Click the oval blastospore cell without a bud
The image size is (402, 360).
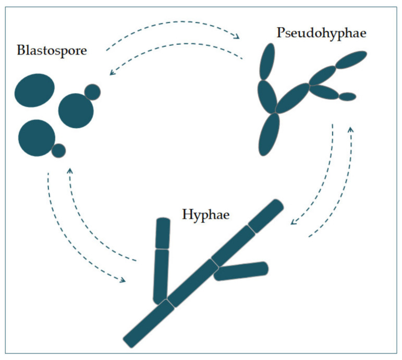[34, 90]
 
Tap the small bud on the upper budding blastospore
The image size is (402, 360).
[92, 92]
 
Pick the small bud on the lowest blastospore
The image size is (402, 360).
[58, 151]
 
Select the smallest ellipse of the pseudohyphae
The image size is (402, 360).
[347, 96]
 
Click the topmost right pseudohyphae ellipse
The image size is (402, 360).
[351, 60]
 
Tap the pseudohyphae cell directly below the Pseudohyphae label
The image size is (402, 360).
[267, 61]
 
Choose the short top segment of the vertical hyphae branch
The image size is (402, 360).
[163, 233]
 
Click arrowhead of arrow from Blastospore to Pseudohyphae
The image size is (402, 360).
[238, 36]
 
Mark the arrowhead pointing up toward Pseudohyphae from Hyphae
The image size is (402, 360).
[351, 128]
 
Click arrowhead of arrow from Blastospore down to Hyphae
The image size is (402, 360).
[123, 280]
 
